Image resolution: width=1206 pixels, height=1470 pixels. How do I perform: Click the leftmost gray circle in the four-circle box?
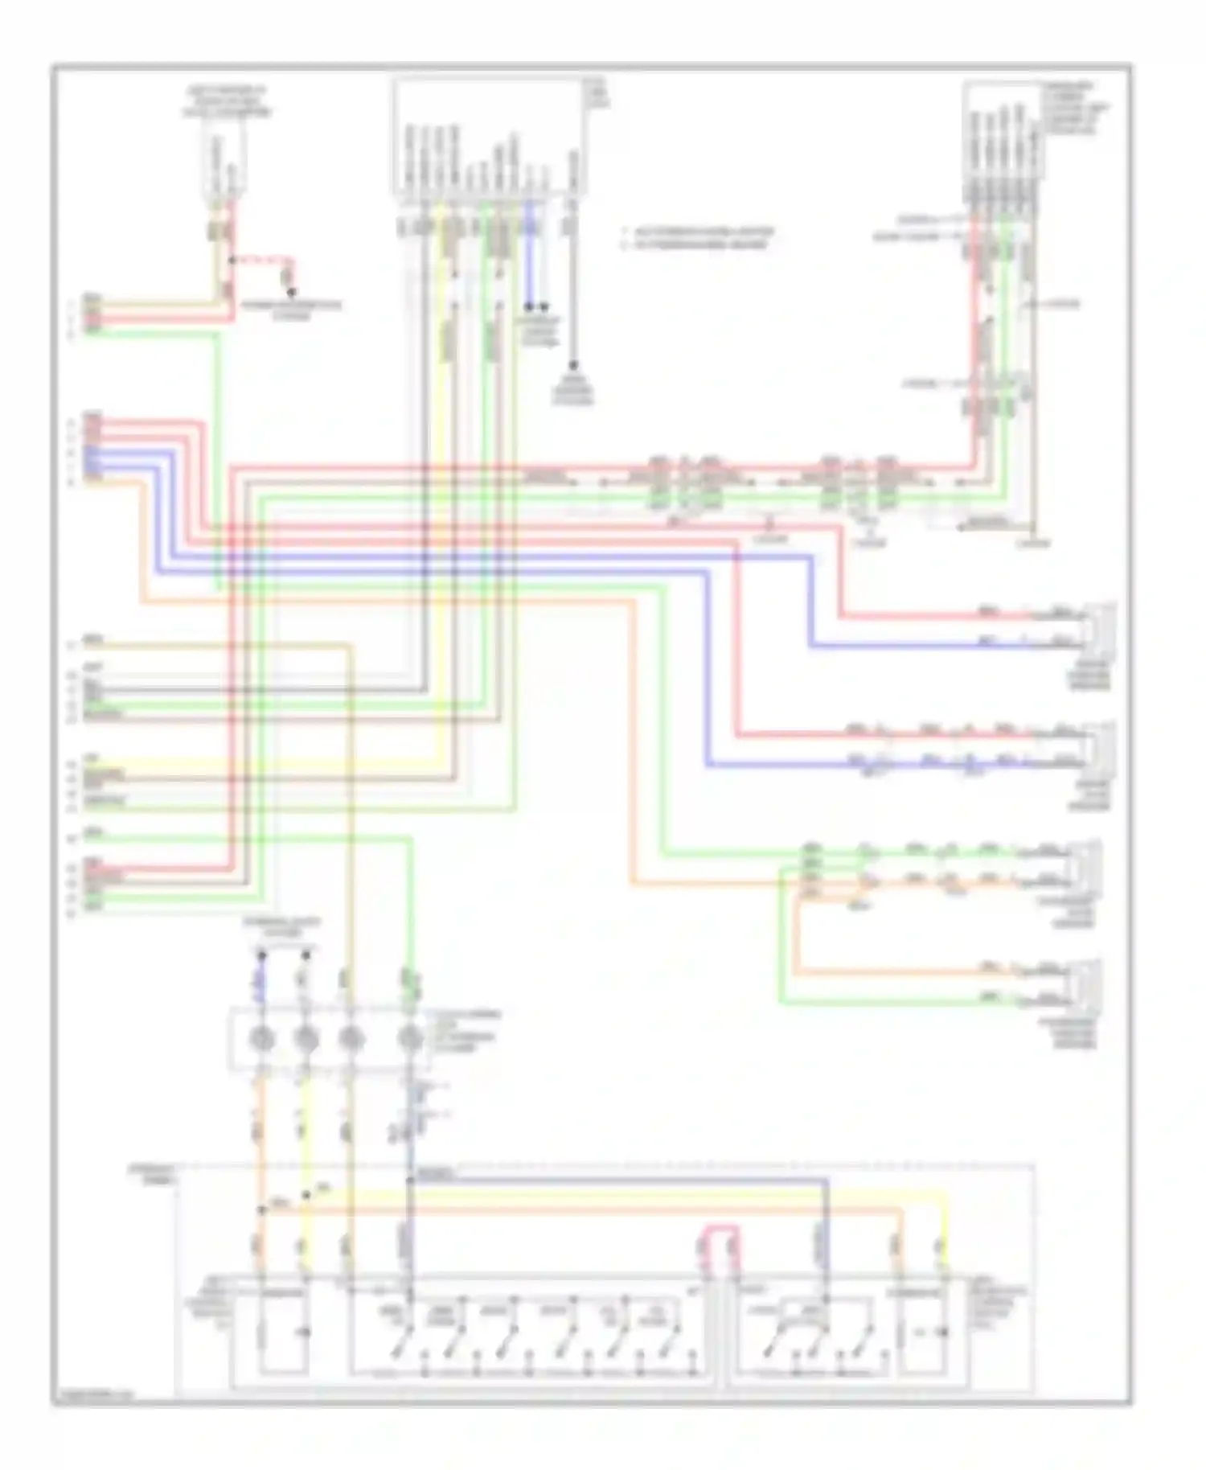261,1039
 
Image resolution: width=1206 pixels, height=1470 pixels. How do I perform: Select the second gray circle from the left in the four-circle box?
306,1039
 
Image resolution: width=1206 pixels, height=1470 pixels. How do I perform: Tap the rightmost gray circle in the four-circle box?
411,1039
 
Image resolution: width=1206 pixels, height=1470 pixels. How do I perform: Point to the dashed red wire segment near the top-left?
261,261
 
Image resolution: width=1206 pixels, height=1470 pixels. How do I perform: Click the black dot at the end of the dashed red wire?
292,292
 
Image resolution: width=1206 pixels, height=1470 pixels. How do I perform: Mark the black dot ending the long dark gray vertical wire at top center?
573,364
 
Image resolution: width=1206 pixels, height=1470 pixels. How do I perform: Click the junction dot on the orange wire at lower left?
261,1209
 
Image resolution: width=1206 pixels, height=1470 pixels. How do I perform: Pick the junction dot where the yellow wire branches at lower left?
306,1195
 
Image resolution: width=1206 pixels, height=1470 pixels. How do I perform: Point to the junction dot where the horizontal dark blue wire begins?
410,1180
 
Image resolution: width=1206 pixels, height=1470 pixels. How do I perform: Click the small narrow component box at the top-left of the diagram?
223,165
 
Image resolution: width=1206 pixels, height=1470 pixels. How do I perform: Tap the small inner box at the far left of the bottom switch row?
282,1332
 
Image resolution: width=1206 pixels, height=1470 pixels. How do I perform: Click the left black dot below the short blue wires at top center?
529,306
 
